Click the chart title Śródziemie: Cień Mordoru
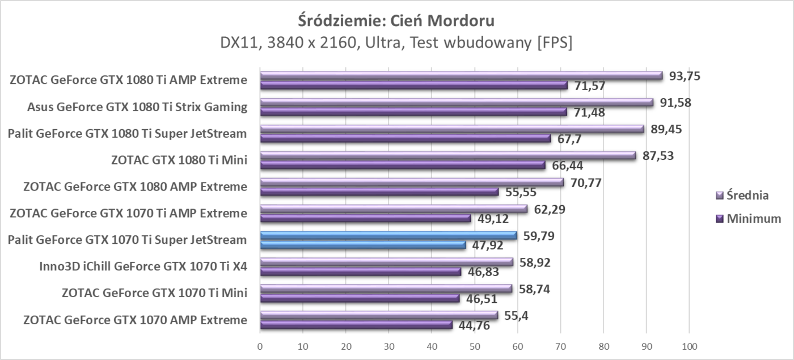[x=396, y=21]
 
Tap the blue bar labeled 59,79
[x=388, y=235]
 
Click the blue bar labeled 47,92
[x=363, y=245]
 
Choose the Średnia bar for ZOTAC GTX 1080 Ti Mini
[x=448, y=155]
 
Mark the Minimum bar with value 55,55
[x=379, y=192]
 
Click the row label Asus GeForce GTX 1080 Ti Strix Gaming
[x=137, y=107]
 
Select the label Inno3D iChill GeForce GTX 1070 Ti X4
[x=143, y=266]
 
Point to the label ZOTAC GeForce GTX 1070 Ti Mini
[x=154, y=293]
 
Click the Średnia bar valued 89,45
[x=452, y=129]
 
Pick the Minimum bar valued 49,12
[x=365, y=218]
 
